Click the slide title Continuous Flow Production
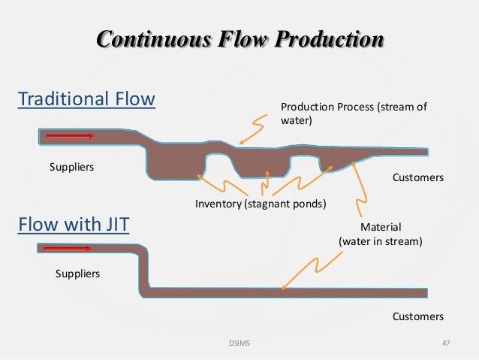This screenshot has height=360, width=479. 239,39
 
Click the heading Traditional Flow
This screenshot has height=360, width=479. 86,98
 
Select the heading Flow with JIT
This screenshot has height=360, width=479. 74,225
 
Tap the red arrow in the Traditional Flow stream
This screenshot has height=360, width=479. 70,136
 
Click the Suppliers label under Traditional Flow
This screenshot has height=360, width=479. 71,166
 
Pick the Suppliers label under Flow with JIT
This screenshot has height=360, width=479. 77,274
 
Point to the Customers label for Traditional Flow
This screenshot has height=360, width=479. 418,178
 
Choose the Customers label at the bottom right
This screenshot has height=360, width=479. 418,316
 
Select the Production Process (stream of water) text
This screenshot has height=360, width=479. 353,113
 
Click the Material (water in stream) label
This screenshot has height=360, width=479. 381,234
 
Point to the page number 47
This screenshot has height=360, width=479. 446,343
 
